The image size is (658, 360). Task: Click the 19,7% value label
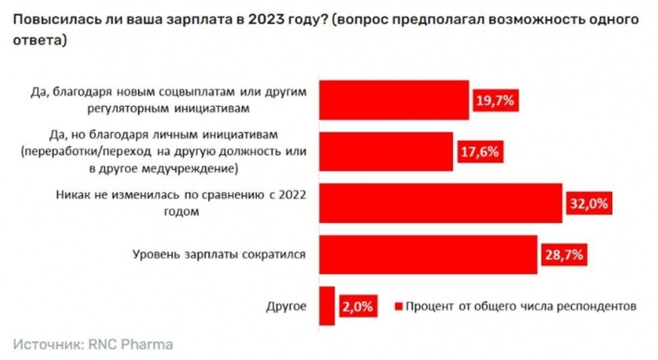tap(496, 101)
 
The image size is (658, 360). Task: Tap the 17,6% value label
tap(478, 152)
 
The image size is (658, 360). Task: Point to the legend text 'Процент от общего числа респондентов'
tap(522, 306)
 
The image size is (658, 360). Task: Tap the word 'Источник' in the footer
tap(47, 344)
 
